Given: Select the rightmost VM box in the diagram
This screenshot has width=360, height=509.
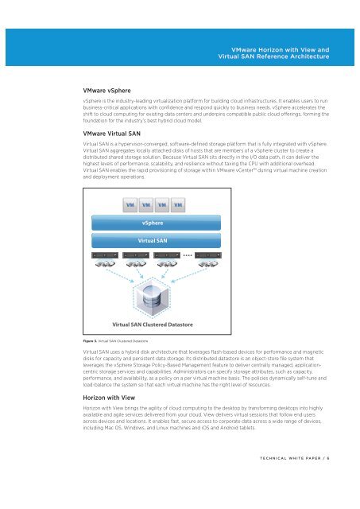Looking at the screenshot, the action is (x=179, y=205).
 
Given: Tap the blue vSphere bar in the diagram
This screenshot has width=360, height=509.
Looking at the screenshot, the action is (x=154, y=223).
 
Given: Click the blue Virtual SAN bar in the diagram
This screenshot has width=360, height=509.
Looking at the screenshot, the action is (x=154, y=239).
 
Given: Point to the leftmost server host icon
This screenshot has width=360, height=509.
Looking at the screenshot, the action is (x=104, y=255).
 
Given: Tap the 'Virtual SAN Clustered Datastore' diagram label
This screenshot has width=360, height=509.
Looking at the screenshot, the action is (x=154, y=324).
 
